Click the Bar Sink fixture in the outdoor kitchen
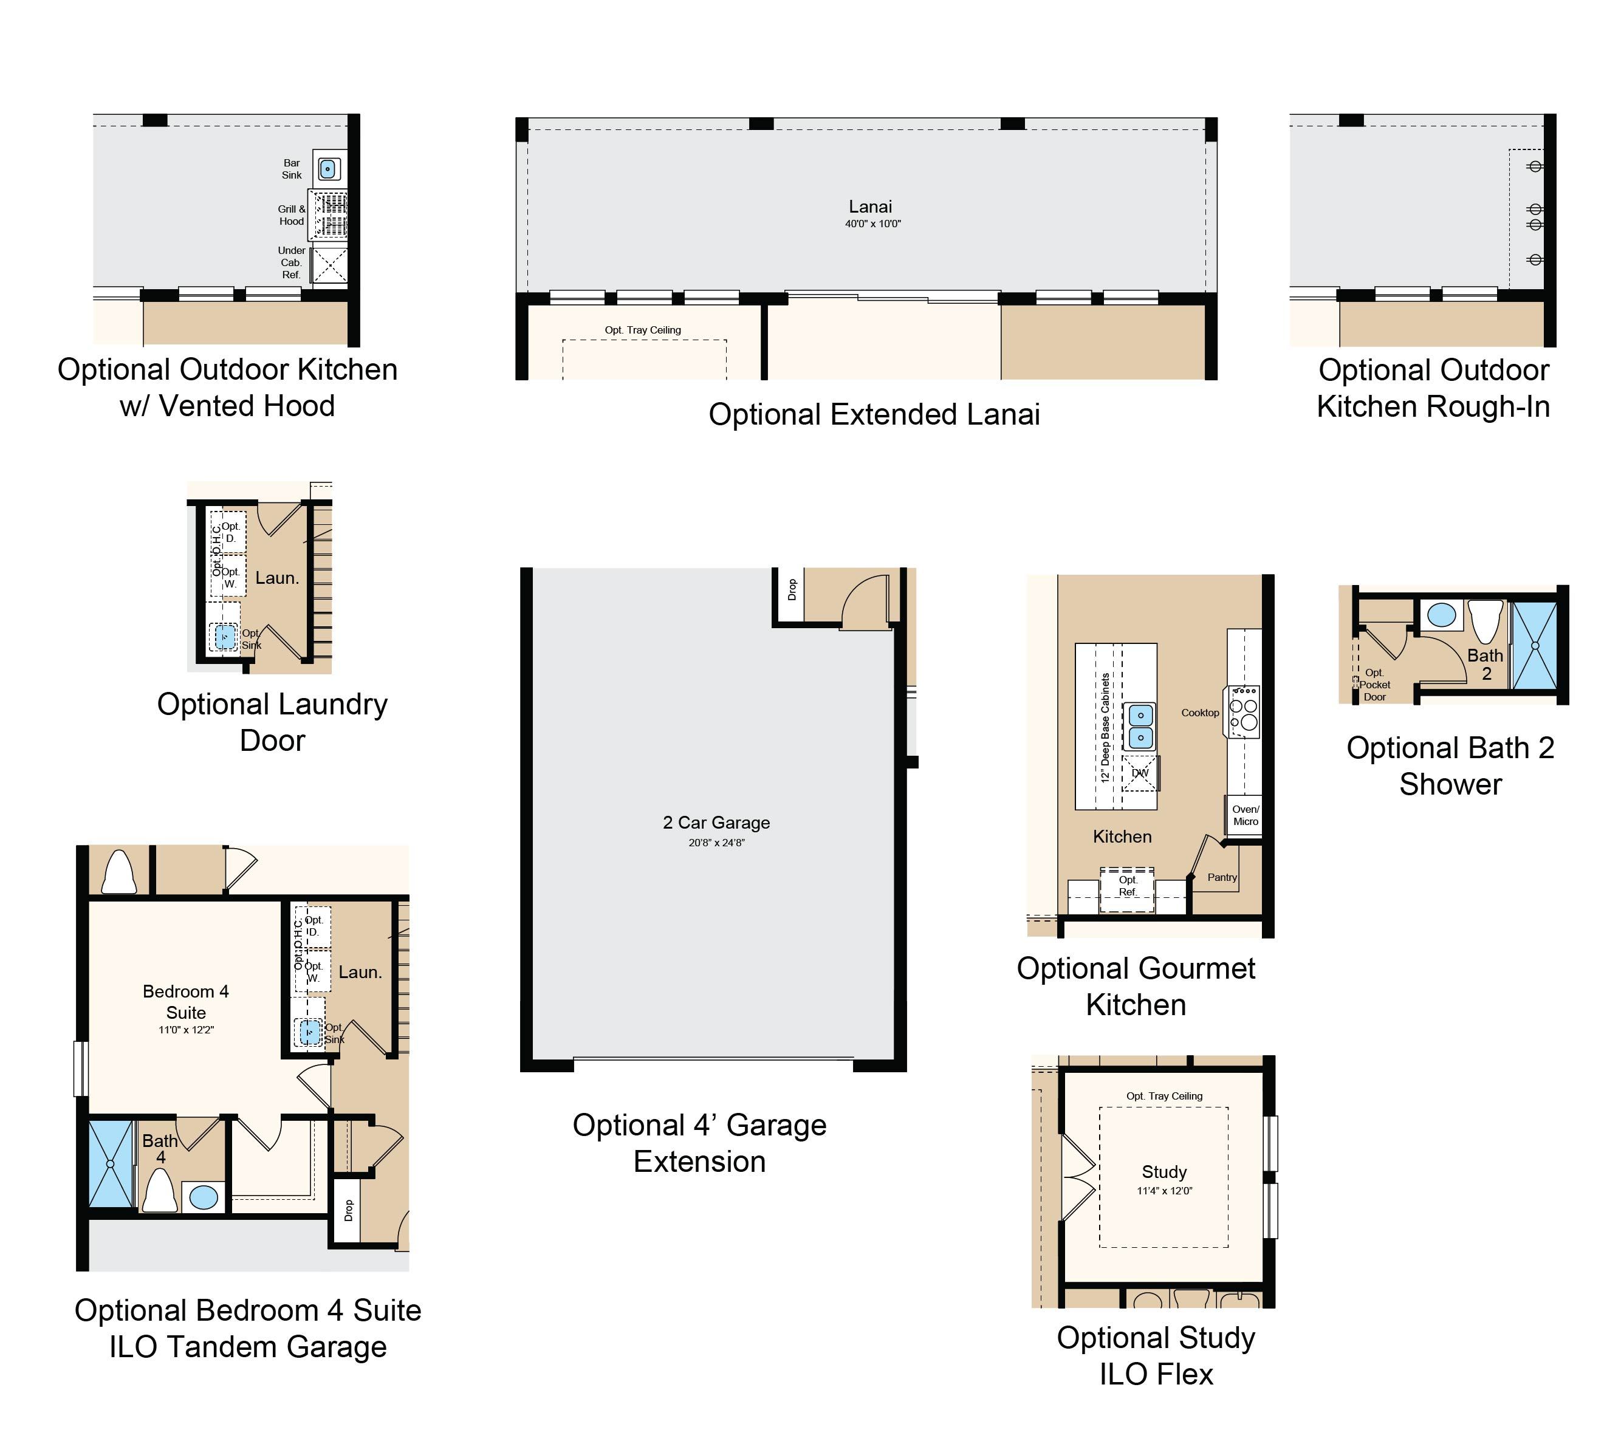click(x=328, y=169)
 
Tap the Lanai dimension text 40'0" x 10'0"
click(x=872, y=224)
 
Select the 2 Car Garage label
click(x=716, y=823)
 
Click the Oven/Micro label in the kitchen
click(x=1245, y=815)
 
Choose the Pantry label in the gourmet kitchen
click(x=1222, y=877)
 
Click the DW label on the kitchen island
click(x=1140, y=773)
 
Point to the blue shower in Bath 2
click(x=1535, y=646)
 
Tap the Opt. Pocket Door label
click(x=1374, y=685)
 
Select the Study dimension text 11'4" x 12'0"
click(x=1164, y=1190)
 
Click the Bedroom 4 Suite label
click(x=185, y=1002)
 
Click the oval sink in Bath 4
click(x=204, y=1197)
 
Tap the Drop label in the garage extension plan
click(x=792, y=589)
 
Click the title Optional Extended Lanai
click(x=874, y=415)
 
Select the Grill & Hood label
click(x=291, y=215)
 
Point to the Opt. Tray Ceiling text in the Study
click(x=1164, y=1096)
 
